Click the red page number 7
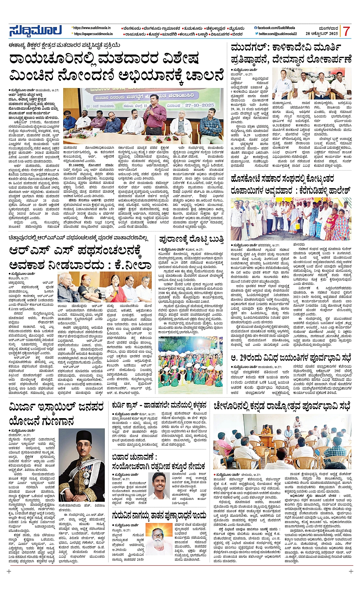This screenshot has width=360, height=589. [x=346, y=31]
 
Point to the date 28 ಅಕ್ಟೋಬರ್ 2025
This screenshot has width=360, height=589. [x=322, y=34]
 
